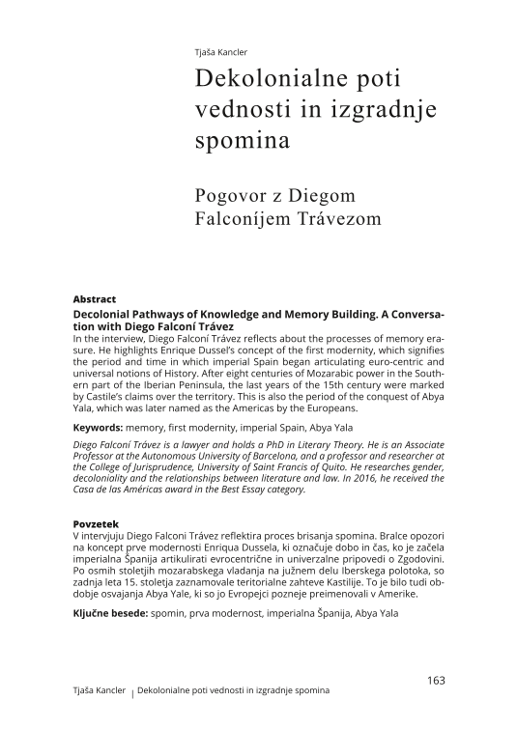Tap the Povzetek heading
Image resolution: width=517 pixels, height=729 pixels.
99,523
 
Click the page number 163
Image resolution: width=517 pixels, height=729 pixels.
435,680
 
